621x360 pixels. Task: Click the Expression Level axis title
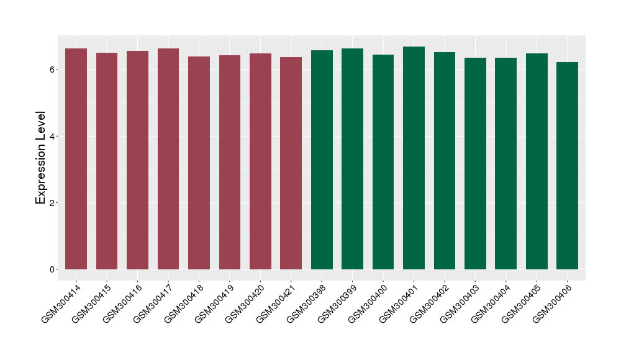click(x=41, y=158)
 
